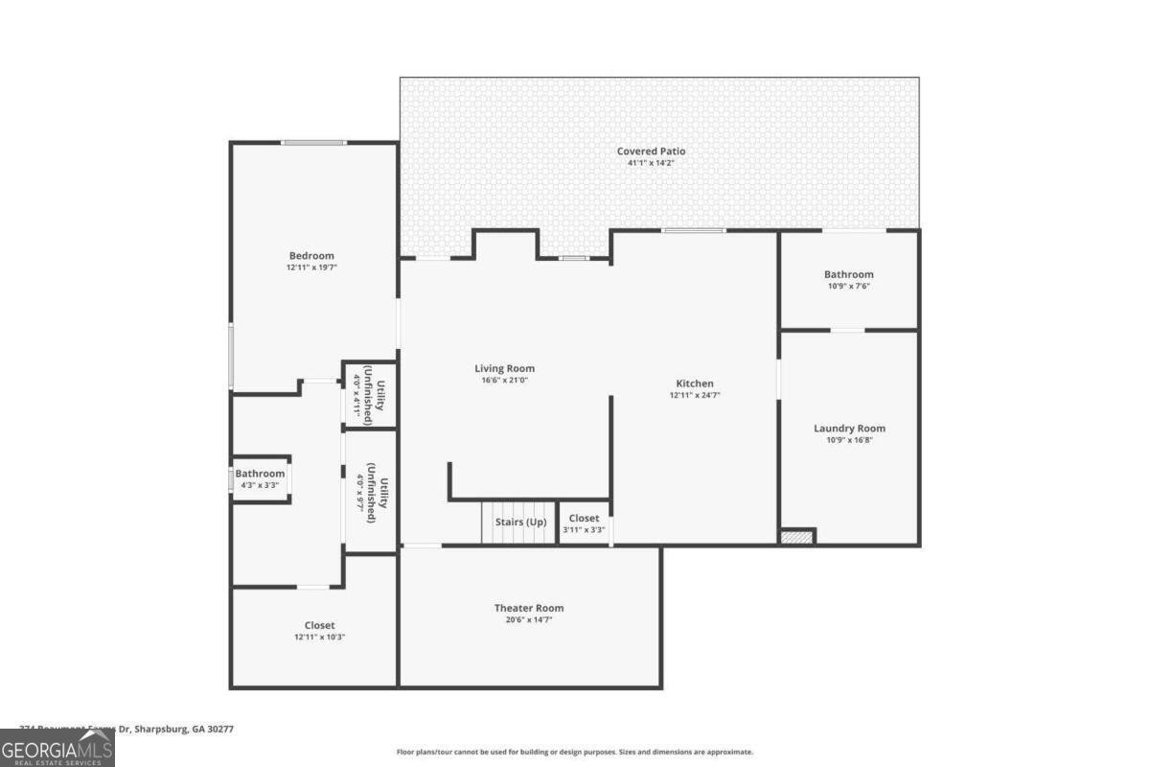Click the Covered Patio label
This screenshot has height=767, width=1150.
tap(651, 151)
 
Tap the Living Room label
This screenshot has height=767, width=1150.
tap(504, 368)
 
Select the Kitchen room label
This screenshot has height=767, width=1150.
tap(694, 383)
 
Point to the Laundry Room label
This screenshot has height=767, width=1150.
tap(849, 429)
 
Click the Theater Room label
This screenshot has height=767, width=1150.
tap(529, 608)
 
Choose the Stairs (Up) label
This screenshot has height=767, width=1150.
tap(520, 522)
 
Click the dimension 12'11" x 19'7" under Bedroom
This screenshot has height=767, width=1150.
tap(311, 267)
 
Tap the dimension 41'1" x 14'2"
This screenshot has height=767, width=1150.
tap(651, 163)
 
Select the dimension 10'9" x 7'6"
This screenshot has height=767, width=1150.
tap(848, 287)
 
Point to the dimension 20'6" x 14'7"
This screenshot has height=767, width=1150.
tap(529, 619)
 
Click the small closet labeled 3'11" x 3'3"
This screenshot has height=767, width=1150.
tap(584, 523)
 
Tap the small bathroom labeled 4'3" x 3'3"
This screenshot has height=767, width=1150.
tap(261, 478)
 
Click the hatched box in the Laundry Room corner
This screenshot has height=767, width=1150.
tap(797, 537)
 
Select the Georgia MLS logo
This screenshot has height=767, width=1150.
tap(57, 748)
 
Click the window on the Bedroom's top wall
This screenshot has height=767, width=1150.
tap(313, 143)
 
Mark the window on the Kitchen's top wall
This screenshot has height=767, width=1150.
tap(694, 230)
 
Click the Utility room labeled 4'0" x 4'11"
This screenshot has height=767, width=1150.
tap(370, 394)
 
